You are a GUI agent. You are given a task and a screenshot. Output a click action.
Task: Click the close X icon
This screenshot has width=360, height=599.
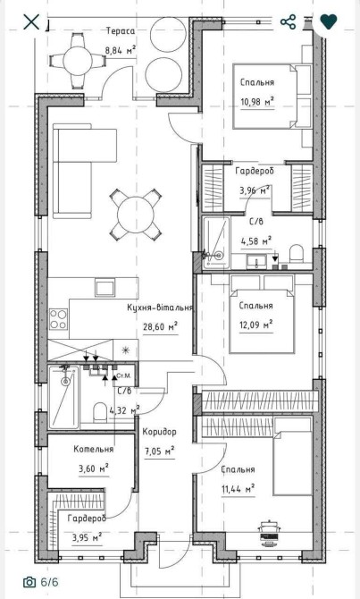pos(31,21)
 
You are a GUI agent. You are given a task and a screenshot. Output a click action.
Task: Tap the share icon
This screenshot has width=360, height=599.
pos(289,21)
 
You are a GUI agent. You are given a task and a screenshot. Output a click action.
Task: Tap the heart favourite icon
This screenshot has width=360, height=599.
pos(329,21)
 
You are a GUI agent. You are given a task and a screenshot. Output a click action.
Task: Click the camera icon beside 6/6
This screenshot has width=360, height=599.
pos(29,582)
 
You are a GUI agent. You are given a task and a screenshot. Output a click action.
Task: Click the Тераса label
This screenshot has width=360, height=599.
pos(121,31)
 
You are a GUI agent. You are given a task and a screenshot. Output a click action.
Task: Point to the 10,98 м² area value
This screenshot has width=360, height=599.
pos(257,102)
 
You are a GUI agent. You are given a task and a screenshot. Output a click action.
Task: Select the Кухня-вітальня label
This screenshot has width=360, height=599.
pos(160,308)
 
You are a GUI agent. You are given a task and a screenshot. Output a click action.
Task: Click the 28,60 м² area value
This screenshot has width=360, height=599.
pos(160,326)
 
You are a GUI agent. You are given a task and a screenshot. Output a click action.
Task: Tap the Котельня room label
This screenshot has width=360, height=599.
pos(94,449)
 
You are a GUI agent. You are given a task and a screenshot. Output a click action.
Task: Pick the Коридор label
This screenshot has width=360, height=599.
pos(160,432)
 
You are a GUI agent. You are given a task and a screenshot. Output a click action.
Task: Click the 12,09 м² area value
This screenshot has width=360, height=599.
pos(256,325)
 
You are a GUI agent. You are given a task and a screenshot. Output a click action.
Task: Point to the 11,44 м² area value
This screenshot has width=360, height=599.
pos(239,489)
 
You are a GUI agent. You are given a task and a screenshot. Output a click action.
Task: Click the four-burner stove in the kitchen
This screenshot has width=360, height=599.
pos(58,319)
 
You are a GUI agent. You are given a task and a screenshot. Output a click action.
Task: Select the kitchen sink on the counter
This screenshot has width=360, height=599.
pos(105,288)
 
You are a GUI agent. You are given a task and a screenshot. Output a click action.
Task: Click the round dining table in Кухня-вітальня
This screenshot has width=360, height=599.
pos(135,214)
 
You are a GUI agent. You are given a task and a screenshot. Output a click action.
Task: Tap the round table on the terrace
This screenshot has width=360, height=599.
pos(78,61)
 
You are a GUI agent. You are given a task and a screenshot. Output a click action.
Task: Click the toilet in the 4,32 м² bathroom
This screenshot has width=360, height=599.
pos(100,411)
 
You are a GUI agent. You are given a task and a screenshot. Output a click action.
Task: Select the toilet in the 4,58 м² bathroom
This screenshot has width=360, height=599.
pos(297,254)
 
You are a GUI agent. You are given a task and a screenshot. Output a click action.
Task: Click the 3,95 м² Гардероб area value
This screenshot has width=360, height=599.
pos(87,538)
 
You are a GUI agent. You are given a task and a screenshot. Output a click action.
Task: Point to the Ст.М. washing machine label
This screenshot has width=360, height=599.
pos(123,375)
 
